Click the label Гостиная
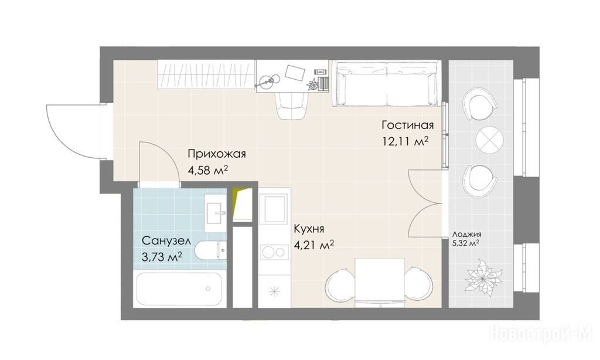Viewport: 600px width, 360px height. coord(408,125)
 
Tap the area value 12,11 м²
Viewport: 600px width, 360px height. coord(405,142)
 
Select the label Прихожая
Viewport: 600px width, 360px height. coord(217,154)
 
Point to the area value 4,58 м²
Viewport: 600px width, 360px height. coord(208,170)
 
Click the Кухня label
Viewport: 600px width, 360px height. coord(309,229)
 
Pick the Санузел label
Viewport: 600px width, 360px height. coord(166,241)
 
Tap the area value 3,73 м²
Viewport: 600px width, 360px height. coord(162,257)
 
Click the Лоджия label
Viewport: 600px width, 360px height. coord(466,235)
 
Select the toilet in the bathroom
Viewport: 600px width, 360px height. coord(210,251)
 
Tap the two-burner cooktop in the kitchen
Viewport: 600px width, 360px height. coord(274,252)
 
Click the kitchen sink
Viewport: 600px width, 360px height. coord(274,209)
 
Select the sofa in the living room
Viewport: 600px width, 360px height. coord(386,83)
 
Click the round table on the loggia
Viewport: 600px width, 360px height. coord(489,140)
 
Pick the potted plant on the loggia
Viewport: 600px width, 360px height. coord(483,277)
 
